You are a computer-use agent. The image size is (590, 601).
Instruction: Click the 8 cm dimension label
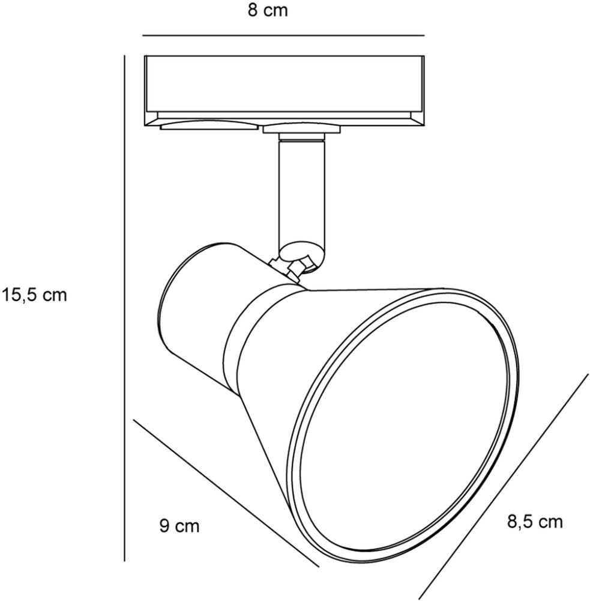tap(268, 10)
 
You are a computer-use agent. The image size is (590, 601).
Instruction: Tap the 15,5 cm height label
tap(34, 295)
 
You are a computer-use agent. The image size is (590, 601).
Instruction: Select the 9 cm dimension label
tap(179, 526)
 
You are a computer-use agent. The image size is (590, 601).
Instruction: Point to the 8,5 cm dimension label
tap(535, 522)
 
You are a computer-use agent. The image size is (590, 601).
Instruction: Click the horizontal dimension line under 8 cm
tap(283, 35)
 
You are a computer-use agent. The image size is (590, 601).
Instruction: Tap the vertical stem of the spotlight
tap(302, 192)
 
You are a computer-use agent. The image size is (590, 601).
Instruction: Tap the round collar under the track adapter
tap(302, 129)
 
